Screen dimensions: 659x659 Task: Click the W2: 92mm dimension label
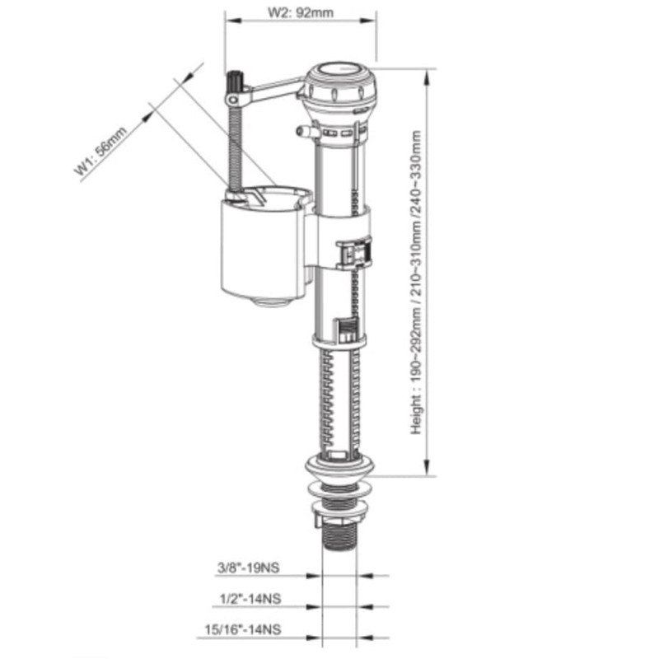(x=301, y=12)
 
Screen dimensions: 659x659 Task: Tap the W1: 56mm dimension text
(x=100, y=151)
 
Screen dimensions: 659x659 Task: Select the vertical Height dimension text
(x=416, y=282)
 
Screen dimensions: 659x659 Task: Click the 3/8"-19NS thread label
(x=248, y=568)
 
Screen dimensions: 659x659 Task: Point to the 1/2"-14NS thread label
(x=250, y=599)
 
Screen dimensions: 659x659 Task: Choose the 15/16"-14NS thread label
(x=243, y=629)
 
